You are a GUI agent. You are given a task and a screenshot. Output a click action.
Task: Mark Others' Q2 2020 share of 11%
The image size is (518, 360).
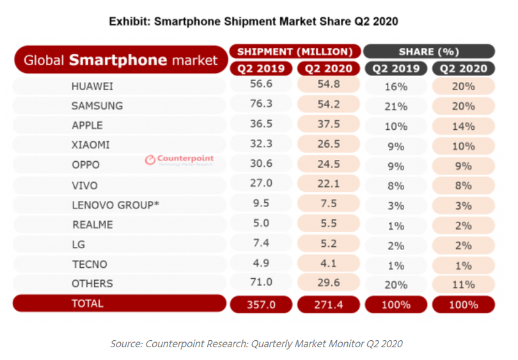point(462,285)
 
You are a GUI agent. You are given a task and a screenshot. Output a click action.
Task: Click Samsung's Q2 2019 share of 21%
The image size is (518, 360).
point(395,106)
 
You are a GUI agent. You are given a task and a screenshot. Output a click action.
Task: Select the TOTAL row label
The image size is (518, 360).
point(87,304)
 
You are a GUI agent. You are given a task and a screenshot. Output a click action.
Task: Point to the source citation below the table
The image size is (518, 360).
point(256,343)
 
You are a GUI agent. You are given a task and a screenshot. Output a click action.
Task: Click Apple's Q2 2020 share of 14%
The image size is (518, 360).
point(462,127)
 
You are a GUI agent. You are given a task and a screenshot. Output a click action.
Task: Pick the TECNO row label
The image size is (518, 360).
point(90,264)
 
